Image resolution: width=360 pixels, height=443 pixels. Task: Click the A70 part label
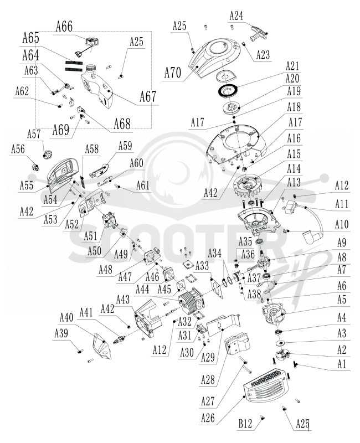point(173,73)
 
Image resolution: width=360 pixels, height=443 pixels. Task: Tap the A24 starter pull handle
point(257,33)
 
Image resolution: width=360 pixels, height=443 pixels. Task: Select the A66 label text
point(64,26)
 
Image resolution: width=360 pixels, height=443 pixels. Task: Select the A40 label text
point(66,317)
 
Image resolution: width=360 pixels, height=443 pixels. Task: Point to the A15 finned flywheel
point(247,187)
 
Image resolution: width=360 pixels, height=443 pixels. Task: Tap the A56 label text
point(18,149)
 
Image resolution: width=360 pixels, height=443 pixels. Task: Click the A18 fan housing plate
point(236,143)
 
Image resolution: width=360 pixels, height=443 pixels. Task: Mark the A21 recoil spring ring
point(228,90)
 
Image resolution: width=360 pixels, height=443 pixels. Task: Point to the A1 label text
point(341,364)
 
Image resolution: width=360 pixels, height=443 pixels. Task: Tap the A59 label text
point(125,146)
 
